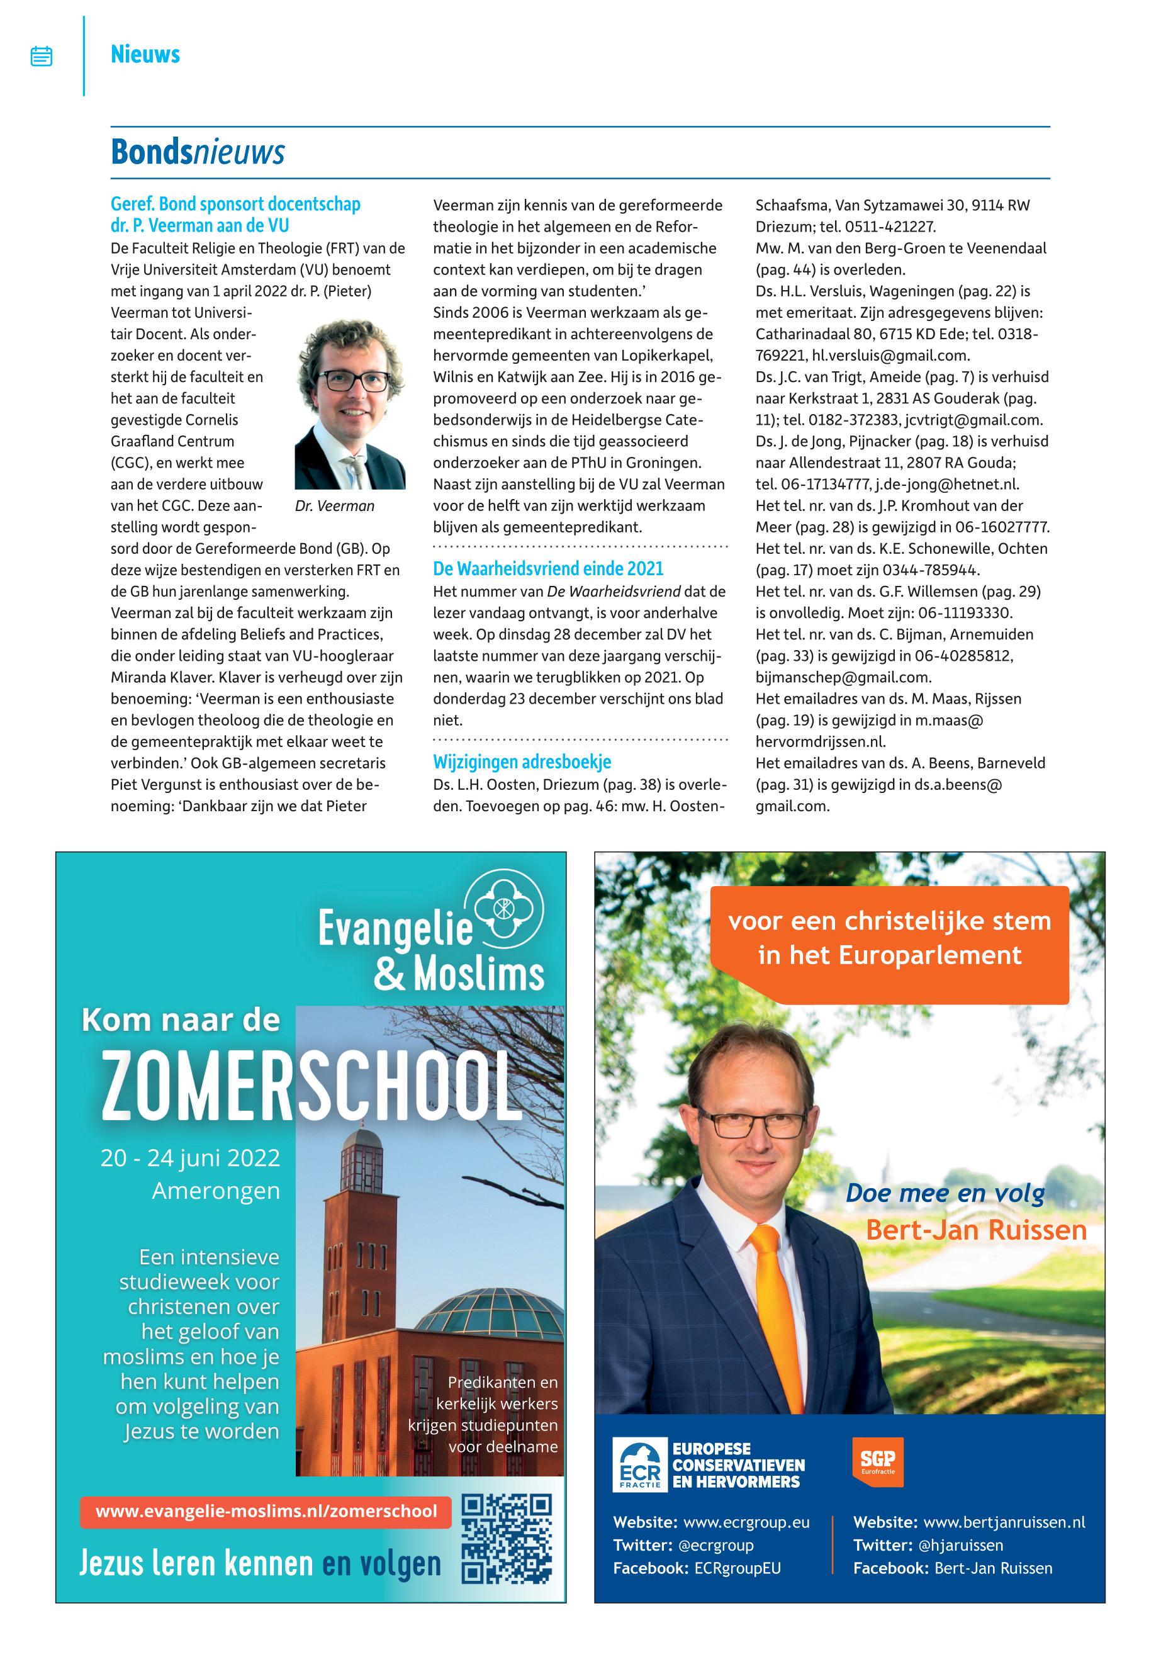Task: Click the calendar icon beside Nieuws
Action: coord(42,56)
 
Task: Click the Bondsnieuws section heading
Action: coord(197,153)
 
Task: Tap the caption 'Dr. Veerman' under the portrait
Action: coord(335,507)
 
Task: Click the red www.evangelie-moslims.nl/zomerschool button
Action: coord(266,1511)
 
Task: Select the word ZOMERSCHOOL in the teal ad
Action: coord(311,1087)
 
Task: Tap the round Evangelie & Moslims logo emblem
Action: coord(503,909)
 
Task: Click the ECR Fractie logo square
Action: coord(639,1463)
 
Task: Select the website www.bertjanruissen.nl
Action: coord(1004,1522)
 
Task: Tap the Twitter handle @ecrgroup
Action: coord(716,1544)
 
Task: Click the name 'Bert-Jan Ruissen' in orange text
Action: coord(975,1231)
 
